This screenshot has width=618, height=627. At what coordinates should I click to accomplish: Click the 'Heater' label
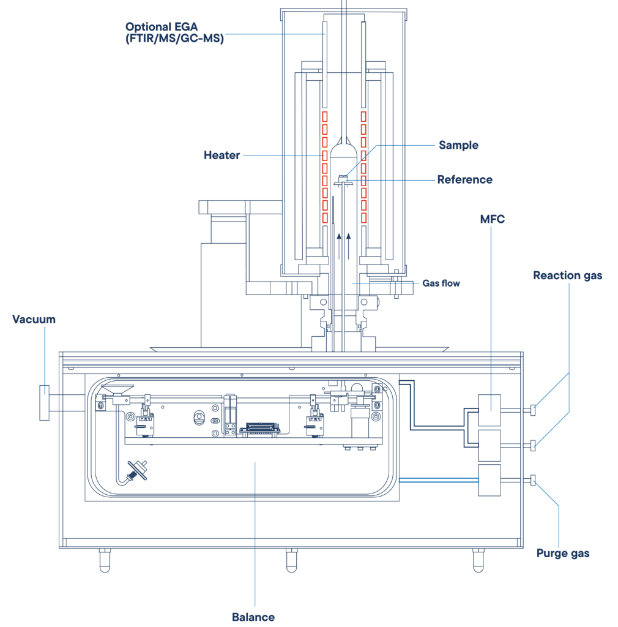tap(222, 155)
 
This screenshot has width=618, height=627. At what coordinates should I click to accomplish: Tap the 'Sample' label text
tap(459, 145)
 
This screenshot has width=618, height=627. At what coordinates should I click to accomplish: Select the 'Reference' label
tap(465, 179)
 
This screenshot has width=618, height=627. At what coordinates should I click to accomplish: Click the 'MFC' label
tap(493, 219)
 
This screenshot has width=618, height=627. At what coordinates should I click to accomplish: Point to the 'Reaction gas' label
tap(568, 276)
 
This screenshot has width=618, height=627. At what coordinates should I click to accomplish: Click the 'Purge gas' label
tap(563, 554)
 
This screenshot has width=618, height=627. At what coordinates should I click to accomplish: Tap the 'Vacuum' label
tap(34, 320)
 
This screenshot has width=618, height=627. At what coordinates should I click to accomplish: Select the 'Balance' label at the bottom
tap(253, 617)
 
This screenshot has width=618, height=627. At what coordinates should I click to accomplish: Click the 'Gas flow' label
tap(441, 283)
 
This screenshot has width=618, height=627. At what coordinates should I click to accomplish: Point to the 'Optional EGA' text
tap(162, 27)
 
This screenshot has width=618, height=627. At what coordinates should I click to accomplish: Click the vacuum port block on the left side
tap(44, 403)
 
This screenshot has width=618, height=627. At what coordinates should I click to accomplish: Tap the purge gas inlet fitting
tap(533, 480)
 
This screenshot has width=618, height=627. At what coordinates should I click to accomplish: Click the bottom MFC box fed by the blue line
tap(490, 480)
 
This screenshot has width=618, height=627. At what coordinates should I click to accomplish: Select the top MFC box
tap(490, 410)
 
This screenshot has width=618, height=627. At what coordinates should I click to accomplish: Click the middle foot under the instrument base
tap(292, 560)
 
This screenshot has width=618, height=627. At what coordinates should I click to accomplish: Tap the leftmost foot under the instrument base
tap(105, 560)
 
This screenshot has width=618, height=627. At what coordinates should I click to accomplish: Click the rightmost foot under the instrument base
tap(478, 560)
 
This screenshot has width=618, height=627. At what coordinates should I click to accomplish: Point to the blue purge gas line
tap(439, 480)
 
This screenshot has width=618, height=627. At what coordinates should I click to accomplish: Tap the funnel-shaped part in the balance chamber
tap(117, 390)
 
